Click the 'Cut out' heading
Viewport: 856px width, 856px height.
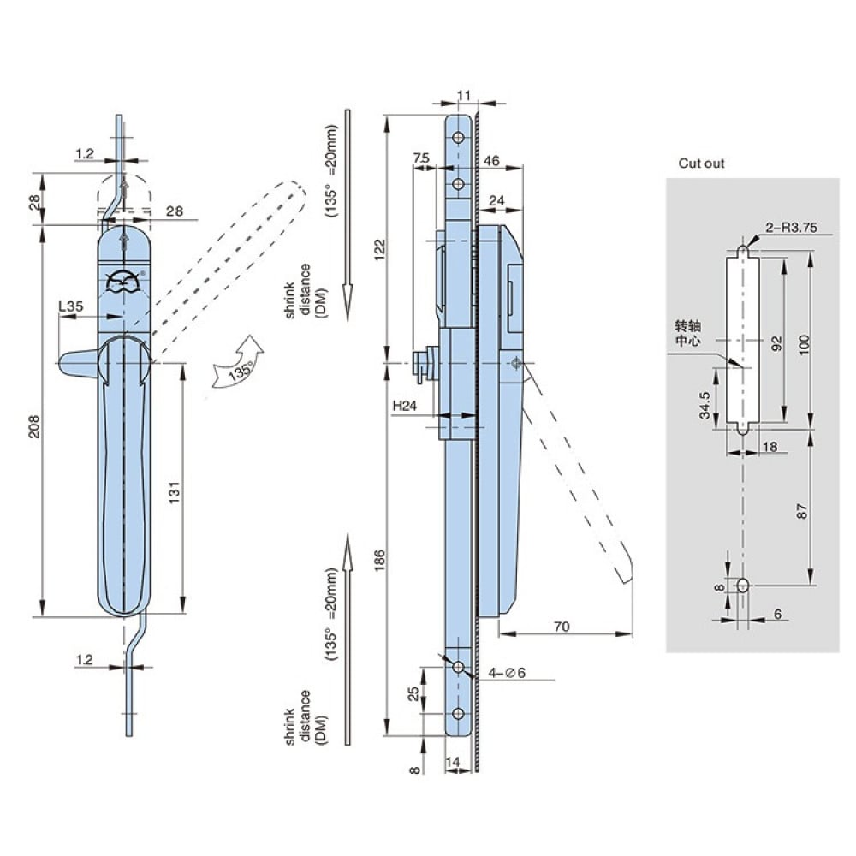click(701, 163)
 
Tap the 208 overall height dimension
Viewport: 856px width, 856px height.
click(34, 426)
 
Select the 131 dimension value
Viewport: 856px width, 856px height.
click(174, 492)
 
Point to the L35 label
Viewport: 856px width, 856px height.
click(71, 306)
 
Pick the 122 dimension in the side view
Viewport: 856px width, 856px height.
click(379, 250)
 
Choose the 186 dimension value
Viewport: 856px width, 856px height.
click(379, 561)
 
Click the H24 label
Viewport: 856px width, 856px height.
click(405, 406)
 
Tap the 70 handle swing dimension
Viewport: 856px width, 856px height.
click(562, 627)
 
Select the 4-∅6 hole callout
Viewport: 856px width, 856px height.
click(507, 673)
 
